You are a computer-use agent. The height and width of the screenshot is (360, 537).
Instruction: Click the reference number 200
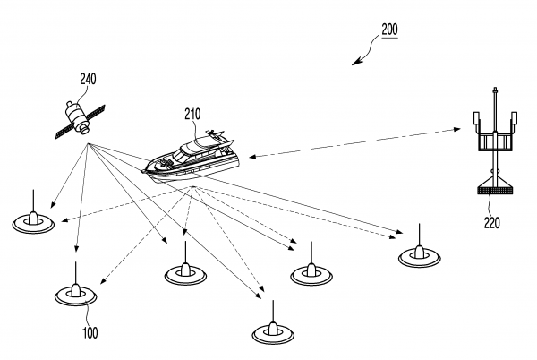point(389,30)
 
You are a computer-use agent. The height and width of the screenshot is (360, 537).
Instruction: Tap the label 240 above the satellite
point(89,78)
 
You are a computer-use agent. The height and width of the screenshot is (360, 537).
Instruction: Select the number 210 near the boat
point(192,114)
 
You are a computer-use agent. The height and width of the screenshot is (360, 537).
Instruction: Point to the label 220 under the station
point(491,222)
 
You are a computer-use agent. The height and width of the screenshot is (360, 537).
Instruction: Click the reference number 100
point(90,333)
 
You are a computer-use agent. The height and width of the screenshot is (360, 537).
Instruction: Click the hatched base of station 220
point(491,189)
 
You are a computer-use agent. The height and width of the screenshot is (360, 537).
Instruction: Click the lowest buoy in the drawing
point(274,331)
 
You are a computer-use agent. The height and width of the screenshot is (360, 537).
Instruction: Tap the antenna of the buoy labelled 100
point(75,273)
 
